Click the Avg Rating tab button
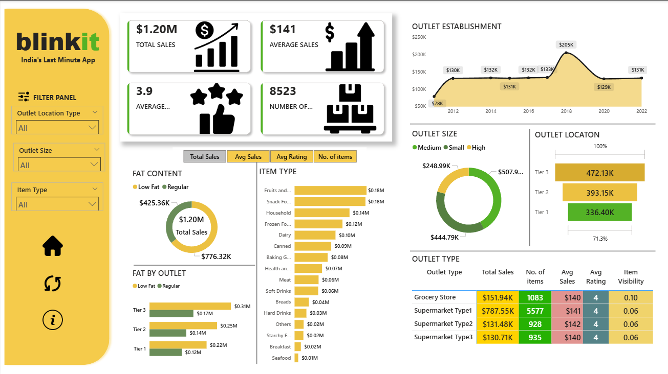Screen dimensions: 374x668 tap(291, 157)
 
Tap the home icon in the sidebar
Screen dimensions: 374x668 tap(53, 246)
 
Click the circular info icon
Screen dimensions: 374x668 tap(53, 320)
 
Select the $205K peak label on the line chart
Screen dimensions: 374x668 tap(566, 45)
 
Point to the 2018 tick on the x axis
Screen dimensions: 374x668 tap(566, 111)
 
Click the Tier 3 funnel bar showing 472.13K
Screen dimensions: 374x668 tap(599, 173)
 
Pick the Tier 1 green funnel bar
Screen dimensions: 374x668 tap(599, 212)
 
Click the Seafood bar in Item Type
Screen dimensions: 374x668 tap(296, 358)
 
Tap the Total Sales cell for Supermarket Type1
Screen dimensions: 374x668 tap(497, 311)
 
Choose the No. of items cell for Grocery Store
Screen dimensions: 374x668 tap(535, 297)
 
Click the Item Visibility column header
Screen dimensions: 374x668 tap(631, 277)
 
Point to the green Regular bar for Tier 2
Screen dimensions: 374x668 tap(168, 333)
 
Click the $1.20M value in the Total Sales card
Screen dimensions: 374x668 tap(157, 30)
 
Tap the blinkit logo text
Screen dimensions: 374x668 tap(57, 42)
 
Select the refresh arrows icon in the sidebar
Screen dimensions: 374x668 tap(53, 283)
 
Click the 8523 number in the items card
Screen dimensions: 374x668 tap(283, 91)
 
